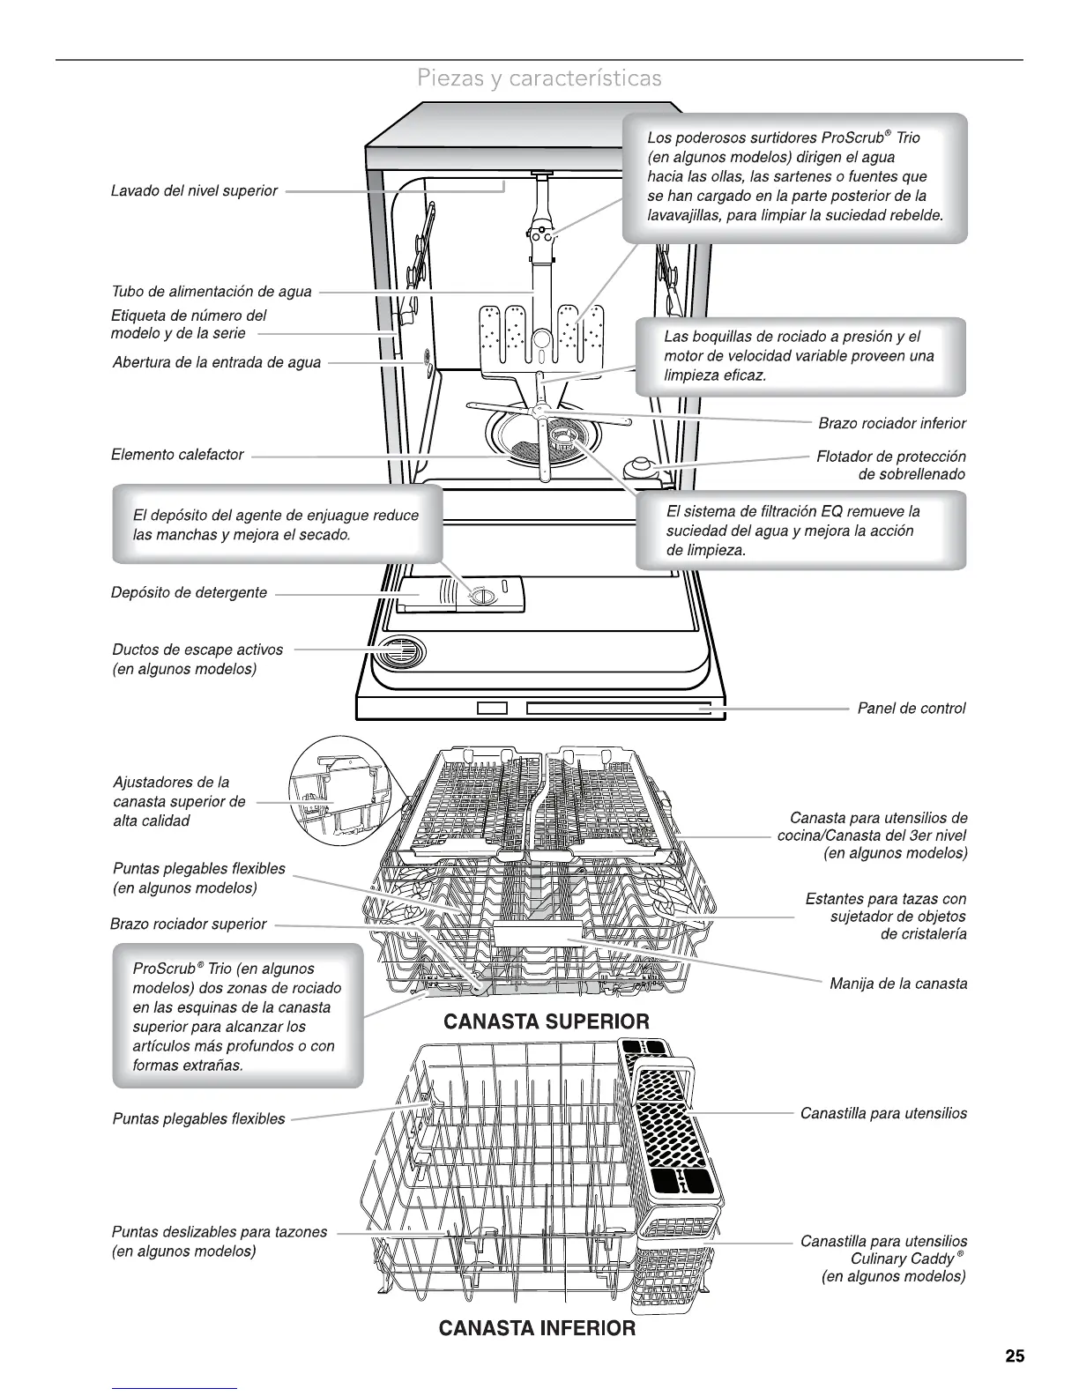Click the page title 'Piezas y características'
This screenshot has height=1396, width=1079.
pyautogui.click(x=539, y=78)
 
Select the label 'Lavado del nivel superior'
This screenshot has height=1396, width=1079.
pyautogui.click(x=194, y=190)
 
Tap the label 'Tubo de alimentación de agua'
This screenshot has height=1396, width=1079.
pyautogui.click(x=212, y=292)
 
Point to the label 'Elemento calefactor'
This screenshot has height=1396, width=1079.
pyautogui.click(x=177, y=455)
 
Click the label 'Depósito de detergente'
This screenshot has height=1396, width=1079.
pyautogui.click(x=189, y=592)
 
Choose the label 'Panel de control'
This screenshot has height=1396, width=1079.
pyautogui.click(x=912, y=708)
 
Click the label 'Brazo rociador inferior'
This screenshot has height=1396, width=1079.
pyautogui.click(x=892, y=423)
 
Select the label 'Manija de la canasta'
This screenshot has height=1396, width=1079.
pyautogui.click(x=898, y=983)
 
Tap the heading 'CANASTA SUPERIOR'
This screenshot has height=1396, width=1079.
pyautogui.click(x=546, y=1021)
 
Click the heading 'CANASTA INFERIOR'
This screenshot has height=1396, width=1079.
pyautogui.click(x=537, y=1327)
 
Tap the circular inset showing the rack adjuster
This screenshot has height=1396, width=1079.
pyautogui.click(x=339, y=790)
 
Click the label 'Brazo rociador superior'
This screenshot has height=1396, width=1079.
pyautogui.click(x=188, y=924)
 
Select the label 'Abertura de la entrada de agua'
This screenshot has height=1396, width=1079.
pyautogui.click(x=217, y=362)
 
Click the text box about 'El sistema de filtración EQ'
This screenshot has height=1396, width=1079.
pyautogui.click(x=800, y=531)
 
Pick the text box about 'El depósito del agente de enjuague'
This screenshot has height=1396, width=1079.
pyautogui.click(x=276, y=525)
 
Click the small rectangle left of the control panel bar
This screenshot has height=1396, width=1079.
pyautogui.click(x=493, y=709)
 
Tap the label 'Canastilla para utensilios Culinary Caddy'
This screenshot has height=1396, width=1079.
pyautogui.click(x=883, y=1258)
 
